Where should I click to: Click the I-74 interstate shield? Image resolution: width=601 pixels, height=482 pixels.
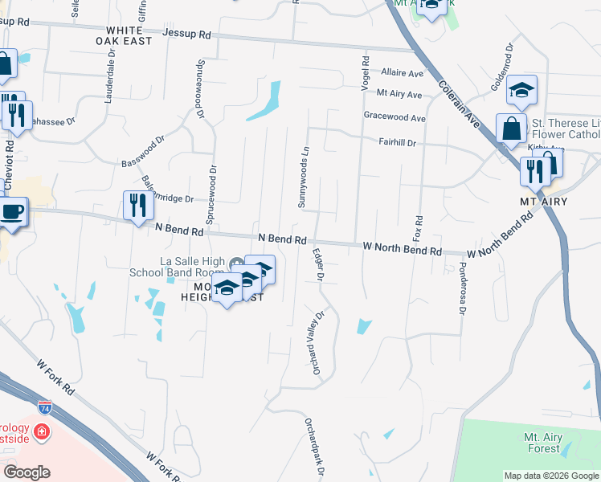coord(45,407)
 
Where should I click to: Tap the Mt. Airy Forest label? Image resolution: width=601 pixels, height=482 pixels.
coord(542,443)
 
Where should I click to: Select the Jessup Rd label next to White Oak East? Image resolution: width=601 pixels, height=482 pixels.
coord(186,35)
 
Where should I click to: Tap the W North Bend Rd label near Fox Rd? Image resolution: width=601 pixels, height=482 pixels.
coord(402,249)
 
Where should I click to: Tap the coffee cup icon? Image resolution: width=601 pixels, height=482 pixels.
coord(10,212)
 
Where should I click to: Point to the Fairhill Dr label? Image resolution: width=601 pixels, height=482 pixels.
coord(397,143)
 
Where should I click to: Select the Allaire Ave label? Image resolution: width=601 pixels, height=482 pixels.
coord(402,73)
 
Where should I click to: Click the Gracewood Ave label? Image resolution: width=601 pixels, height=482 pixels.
coord(394,117)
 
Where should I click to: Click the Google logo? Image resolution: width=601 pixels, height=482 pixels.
coord(27,472)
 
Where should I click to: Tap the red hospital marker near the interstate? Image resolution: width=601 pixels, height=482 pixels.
coord(41,434)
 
